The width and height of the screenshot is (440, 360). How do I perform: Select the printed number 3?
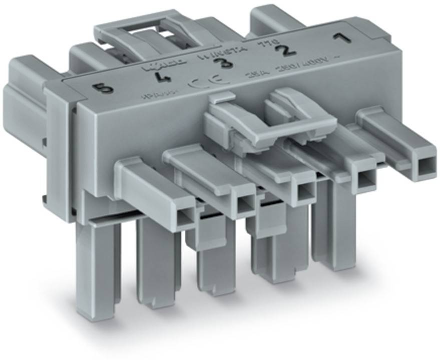[219, 64]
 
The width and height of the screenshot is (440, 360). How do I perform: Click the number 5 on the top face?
[104, 89]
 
